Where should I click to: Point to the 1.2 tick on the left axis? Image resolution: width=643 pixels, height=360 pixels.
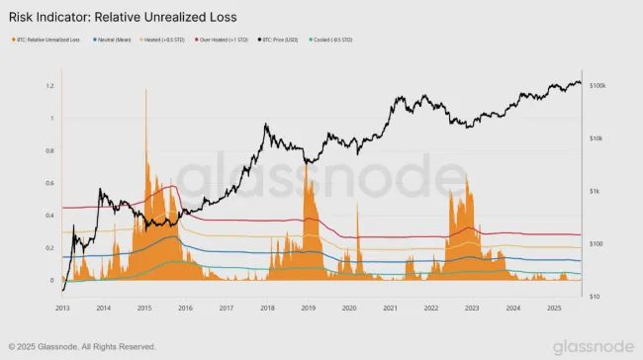49,86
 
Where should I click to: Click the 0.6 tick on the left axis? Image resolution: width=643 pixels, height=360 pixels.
49,183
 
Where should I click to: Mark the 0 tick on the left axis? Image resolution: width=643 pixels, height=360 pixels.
53,280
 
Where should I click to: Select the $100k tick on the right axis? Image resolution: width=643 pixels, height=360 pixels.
597,87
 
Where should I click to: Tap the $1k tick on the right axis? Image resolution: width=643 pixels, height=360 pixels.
595,191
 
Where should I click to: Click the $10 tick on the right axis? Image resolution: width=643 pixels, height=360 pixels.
594,296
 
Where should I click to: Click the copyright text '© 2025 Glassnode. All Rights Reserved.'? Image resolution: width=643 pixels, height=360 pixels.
82,346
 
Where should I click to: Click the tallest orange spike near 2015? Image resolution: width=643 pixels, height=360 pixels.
146,92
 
